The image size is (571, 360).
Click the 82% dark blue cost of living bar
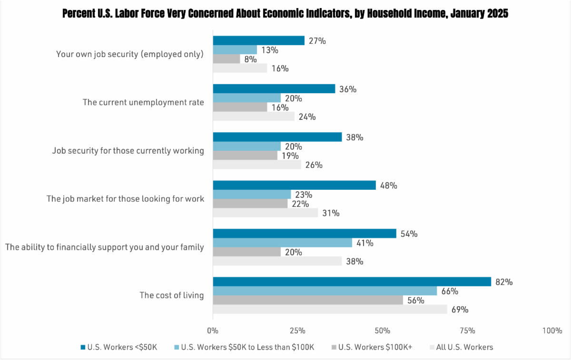click(352, 282)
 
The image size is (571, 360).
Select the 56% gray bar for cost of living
click(307, 300)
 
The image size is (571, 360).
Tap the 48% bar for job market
click(294, 185)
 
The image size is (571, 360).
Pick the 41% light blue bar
click(282, 243)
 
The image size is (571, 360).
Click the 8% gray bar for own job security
click(226, 59)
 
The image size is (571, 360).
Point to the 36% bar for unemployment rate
click(274, 89)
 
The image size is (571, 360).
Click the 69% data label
click(460, 310)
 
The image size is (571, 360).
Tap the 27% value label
click(317, 41)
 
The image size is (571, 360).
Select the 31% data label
click(331, 214)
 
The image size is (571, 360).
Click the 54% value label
click(409, 234)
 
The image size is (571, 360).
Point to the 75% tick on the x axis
click(467, 331)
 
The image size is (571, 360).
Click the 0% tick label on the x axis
click(213, 331)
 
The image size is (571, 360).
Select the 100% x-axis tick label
click(552, 331)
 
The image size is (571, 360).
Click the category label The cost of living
click(171, 295)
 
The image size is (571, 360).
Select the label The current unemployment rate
click(143, 102)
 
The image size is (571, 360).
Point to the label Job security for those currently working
click(128, 151)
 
